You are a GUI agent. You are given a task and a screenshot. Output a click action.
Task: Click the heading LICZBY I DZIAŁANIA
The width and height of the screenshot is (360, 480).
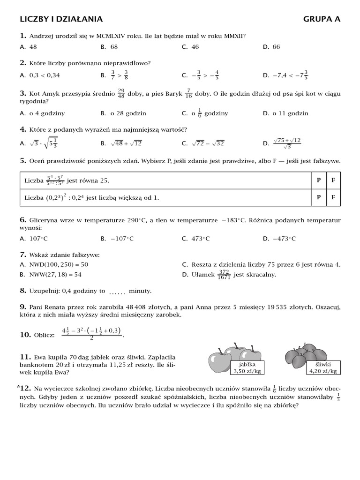61,19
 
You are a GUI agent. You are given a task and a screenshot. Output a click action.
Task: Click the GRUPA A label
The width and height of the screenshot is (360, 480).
322,19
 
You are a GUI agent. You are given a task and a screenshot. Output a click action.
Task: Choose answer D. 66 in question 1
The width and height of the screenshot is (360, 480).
272,47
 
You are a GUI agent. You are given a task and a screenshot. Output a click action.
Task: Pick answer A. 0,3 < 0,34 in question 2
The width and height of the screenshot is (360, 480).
40,75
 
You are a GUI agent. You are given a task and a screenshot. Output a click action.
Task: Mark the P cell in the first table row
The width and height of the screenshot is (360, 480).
318,180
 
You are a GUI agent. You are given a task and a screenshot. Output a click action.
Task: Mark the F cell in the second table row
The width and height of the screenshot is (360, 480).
333,197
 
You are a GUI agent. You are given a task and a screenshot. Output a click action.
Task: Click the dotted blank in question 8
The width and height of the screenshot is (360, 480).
117,292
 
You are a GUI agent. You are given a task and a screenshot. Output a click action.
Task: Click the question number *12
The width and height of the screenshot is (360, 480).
24,388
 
